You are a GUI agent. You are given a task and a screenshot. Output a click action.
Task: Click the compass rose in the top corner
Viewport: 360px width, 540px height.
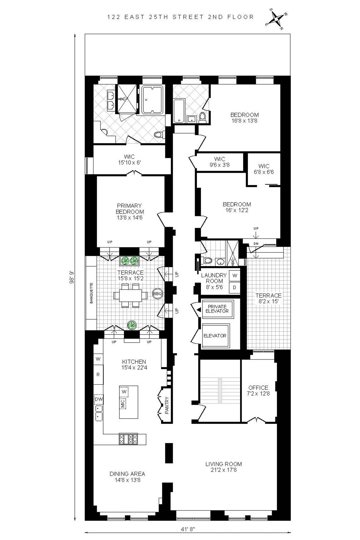point(276,19)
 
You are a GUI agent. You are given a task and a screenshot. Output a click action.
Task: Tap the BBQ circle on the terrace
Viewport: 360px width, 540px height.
point(157,293)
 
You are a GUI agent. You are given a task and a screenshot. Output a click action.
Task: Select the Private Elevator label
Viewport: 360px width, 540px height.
point(217,309)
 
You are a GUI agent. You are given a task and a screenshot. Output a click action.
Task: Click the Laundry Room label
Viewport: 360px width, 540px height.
point(214,278)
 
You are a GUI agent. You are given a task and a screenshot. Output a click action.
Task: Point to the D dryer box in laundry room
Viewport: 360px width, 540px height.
point(235,287)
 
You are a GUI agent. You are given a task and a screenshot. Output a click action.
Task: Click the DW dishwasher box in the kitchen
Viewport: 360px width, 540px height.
point(99,399)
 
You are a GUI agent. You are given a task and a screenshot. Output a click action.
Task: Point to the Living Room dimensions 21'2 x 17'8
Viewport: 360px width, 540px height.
point(223,470)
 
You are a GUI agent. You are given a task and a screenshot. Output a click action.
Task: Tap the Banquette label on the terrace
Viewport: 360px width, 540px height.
point(91,293)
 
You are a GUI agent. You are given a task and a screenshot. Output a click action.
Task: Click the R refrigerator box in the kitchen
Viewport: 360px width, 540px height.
point(98,374)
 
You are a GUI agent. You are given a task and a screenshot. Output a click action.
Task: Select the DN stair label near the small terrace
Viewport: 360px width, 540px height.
point(256,244)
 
